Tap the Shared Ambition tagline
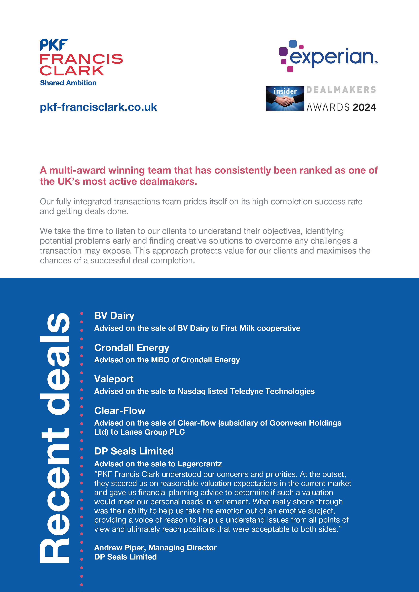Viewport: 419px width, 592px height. (x=68, y=83)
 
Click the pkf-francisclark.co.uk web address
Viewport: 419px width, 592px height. (x=98, y=107)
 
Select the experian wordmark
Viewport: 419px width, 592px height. (x=331, y=57)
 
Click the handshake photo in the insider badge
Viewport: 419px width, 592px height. (x=285, y=99)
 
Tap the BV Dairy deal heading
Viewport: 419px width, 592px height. (x=114, y=316)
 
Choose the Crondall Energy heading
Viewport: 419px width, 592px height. (x=132, y=348)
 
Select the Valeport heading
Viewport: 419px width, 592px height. (x=114, y=379)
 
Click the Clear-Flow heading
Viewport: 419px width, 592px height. (x=120, y=411)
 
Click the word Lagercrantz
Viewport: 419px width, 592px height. (x=200, y=464)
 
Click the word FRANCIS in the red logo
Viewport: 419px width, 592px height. (x=81, y=59)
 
